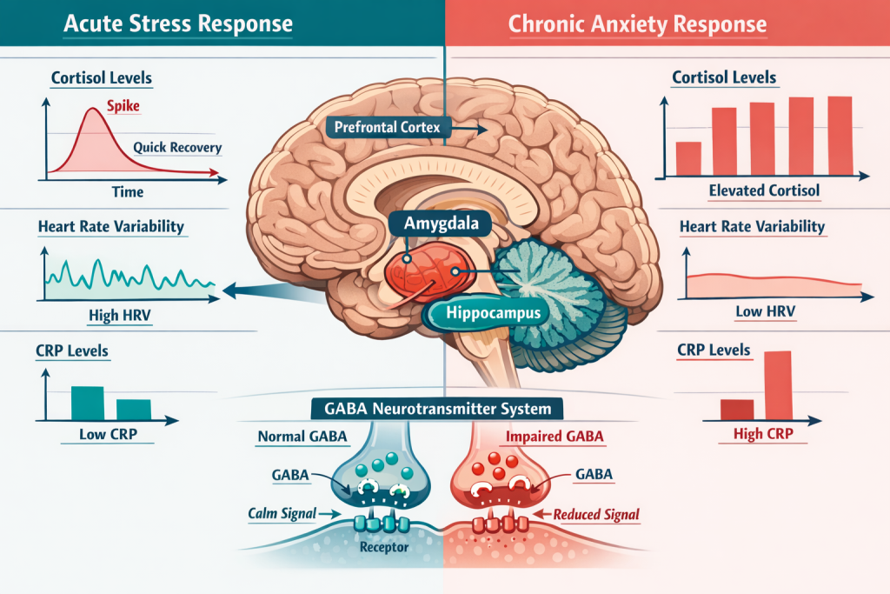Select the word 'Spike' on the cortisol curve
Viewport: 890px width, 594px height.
pos(123,108)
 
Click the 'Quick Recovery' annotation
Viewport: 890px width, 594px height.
pos(177,147)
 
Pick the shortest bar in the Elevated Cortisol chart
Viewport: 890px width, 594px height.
pos(687,157)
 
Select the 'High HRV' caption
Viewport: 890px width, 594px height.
pos(116,315)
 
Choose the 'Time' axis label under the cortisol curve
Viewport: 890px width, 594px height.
pos(128,191)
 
